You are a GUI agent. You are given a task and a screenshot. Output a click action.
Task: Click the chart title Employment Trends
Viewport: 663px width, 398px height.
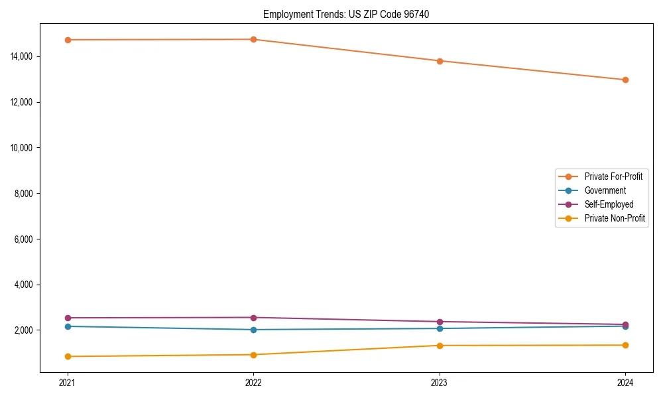click(346, 14)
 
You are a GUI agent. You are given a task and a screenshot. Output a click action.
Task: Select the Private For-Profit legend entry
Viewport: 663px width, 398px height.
click(613, 176)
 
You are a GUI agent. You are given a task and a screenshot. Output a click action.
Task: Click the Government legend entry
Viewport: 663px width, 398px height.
click(605, 190)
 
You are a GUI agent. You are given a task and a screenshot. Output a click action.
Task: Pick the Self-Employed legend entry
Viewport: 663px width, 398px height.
click(609, 204)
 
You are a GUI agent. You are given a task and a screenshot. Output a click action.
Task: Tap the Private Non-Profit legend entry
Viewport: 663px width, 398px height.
click(615, 218)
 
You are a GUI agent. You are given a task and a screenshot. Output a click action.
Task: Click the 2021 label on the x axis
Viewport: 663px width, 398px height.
click(67, 382)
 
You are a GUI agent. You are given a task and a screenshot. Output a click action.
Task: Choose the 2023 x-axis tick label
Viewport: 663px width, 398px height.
click(439, 382)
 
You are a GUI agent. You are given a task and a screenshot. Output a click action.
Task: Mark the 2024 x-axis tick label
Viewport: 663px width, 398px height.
click(625, 382)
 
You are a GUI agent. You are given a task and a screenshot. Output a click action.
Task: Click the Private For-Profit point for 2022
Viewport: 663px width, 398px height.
click(253, 39)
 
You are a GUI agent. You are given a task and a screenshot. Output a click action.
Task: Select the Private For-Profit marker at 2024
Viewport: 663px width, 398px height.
click(625, 80)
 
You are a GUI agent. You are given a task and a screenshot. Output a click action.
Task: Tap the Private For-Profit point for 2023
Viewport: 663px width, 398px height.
click(439, 61)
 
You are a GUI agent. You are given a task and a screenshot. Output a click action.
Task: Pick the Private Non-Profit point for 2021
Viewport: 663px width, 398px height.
click(67, 356)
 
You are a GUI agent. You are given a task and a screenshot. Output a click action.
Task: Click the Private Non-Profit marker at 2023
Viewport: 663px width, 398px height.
click(439, 346)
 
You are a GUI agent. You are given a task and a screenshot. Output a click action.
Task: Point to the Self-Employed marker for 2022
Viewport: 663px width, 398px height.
click(253, 318)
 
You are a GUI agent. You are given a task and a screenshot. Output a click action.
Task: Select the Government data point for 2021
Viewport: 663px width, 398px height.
click(67, 326)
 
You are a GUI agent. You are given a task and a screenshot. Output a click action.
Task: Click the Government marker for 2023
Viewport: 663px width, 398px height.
click(439, 328)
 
